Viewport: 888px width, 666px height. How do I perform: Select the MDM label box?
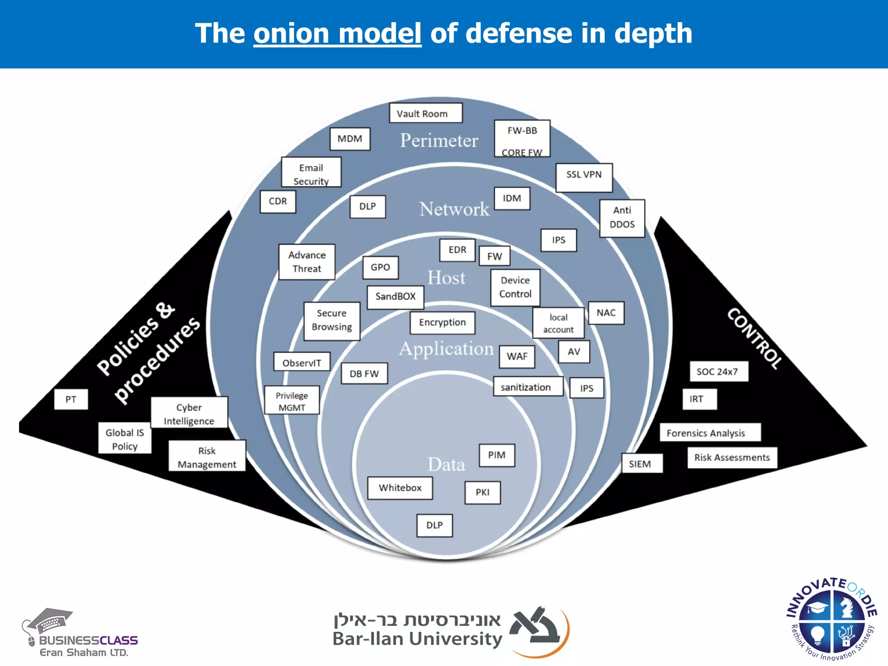(349, 139)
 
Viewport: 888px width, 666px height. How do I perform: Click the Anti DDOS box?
(622, 218)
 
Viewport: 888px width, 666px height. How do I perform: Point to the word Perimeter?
(439, 140)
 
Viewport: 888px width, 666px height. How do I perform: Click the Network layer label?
(454, 209)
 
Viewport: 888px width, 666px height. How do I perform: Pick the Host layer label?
(446, 277)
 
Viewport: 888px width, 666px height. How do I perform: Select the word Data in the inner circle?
(446, 464)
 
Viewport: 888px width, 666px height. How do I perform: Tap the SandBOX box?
(395, 297)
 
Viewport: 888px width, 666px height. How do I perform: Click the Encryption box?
(442, 323)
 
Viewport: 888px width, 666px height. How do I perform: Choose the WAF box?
(517, 356)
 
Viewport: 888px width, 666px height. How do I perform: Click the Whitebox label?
(400, 488)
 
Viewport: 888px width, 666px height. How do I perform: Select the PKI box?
(482, 492)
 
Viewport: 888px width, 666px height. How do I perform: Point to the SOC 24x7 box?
(718, 372)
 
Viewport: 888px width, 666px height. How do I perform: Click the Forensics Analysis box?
(709, 433)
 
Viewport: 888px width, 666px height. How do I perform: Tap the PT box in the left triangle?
(71, 399)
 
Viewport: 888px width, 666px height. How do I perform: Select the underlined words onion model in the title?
(337, 34)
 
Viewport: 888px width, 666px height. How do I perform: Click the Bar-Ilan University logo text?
(417, 639)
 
